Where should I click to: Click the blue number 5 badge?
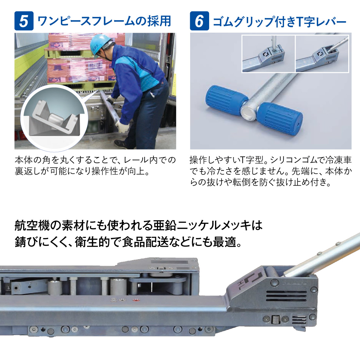pyautogui.click(x=24, y=21)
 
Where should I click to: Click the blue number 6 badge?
pyautogui.click(x=199, y=21)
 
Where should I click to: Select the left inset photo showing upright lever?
pyautogui.click(x=268, y=54)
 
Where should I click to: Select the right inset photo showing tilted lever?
pyautogui.click(x=322, y=54)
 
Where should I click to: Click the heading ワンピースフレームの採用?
pyautogui.click(x=104, y=21)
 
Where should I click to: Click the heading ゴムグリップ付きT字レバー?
pyautogui.click(x=279, y=22)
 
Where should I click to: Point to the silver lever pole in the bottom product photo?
pyautogui.click(x=327, y=252)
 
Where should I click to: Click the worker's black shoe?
pyautogui.click(x=122, y=144)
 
